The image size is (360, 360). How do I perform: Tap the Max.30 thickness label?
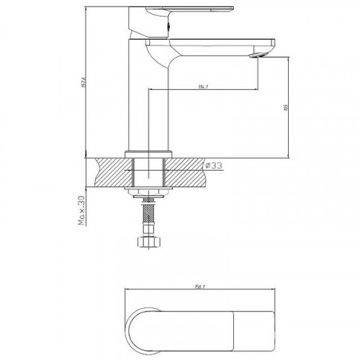[81, 210]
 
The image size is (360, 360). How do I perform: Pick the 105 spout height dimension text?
[287, 108]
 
